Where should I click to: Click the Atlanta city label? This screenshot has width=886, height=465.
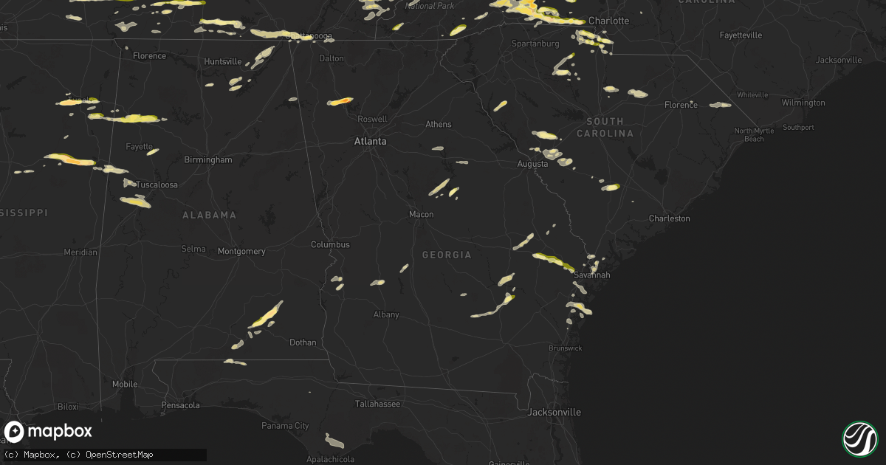370,141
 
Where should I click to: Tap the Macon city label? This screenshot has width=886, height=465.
422,214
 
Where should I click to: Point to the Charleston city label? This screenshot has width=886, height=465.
669,218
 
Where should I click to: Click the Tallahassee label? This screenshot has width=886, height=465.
377,404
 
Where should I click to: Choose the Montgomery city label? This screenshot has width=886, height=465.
241,251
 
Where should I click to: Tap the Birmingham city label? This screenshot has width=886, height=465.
209,159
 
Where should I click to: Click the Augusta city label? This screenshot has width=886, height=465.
532,164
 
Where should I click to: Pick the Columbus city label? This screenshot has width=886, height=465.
330,244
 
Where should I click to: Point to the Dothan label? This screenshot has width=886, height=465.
303,342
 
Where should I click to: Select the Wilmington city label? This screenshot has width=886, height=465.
803,103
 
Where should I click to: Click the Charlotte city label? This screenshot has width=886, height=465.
608,21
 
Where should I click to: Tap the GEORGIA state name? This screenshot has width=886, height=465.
447,255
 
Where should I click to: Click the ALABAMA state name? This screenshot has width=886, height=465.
210,215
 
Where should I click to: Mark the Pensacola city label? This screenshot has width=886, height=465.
181,405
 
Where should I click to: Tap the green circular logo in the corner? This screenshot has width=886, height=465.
859,438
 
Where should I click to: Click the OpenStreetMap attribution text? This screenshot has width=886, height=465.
120,455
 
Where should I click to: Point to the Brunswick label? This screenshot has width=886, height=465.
566,348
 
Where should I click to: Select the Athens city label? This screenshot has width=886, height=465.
438,124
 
